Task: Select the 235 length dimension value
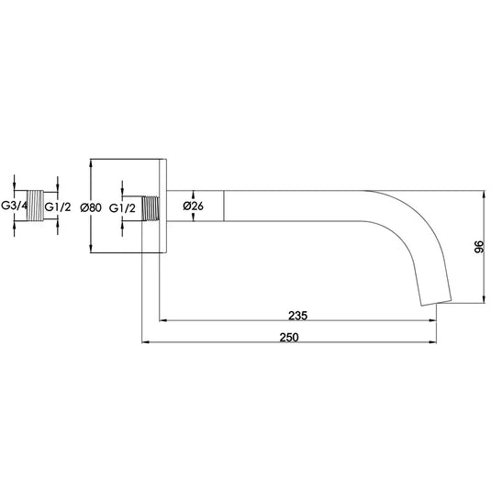point(296,315)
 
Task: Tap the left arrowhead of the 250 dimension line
point(144,344)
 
